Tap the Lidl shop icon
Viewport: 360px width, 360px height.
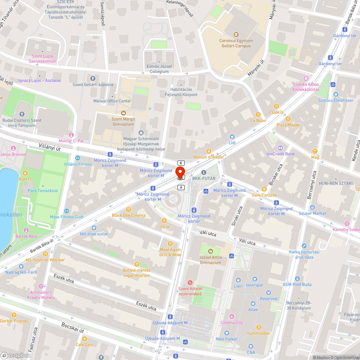[232, 137]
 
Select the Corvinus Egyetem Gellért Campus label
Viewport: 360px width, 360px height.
[236, 43]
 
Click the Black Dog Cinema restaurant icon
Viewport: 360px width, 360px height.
[129, 210]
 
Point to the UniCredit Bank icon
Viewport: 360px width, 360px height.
[280, 148]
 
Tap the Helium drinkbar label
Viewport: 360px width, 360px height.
[208, 157]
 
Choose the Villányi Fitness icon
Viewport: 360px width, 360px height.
[77, 158]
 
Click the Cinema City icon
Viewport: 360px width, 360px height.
[232, 316]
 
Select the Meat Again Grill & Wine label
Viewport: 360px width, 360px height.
[170, 252]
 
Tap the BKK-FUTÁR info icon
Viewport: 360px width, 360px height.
[204, 172]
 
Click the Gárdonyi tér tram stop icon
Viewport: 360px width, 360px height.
[330, 58]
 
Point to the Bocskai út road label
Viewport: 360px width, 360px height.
[72, 328]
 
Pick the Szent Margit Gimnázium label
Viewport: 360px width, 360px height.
[123, 122]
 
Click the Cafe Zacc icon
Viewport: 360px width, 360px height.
[85, 339]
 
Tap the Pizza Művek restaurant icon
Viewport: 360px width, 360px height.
[288, 119]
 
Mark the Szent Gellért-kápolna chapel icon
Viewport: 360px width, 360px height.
[93, 78]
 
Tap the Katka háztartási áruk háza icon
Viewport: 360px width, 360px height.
[304, 246]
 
